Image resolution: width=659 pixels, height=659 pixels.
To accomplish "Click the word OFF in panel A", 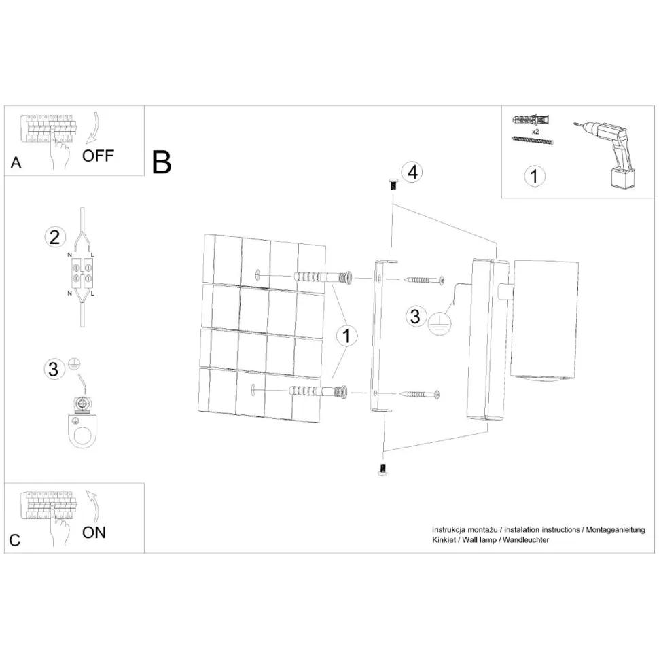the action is click(98, 156).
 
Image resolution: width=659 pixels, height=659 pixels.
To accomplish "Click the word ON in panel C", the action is click(94, 533).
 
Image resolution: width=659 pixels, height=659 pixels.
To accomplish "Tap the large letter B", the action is click(162, 162).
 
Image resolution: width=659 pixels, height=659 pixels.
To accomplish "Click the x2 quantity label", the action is click(535, 132).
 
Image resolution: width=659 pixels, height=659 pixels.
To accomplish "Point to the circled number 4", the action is click(412, 172).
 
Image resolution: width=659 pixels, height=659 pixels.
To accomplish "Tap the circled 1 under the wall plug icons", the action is click(535, 177).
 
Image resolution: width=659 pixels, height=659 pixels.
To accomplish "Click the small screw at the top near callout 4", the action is click(393, 184).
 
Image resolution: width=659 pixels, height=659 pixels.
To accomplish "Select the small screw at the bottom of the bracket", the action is click(382, 470).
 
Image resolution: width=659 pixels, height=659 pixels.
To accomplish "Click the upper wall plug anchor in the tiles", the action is click(322, 277).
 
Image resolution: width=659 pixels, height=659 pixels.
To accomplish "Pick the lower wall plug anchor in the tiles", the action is click(318, 392).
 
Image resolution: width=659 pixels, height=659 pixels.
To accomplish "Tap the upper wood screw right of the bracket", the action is click(424, 279).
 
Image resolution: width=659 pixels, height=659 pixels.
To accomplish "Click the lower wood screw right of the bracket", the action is click(419, 394).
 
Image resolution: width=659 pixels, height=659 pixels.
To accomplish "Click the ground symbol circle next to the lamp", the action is click(439, 324).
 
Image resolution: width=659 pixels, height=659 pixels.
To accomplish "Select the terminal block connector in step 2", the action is click(82, 272).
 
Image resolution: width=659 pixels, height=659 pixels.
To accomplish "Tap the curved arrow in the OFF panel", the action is click(94, 128).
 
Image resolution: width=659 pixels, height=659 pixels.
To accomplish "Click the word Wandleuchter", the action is click(526, 540).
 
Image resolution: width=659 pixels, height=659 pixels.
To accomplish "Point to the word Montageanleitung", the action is click(616, 530).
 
